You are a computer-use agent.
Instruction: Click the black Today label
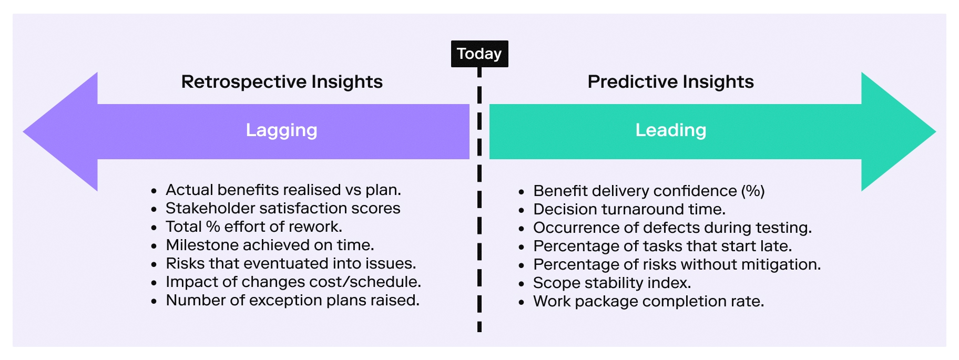[479, 54]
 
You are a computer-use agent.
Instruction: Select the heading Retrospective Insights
[282, 82]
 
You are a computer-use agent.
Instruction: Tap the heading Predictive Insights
[670, 82]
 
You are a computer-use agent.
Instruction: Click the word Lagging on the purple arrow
[282, 130]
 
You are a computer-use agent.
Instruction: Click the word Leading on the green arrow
[671, 130]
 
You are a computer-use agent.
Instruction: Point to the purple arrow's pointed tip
[24, 131]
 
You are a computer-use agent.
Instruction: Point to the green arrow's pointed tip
[935, 131]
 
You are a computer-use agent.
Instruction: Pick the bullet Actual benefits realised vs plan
[283, 190]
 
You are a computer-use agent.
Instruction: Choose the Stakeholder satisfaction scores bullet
[283, 208]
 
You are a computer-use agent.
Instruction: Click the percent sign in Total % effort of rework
[213, 227]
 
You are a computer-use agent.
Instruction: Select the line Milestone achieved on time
[270, 245]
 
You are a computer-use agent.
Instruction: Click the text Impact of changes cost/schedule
[293, 282]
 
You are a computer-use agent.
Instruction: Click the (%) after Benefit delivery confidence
[753, 191]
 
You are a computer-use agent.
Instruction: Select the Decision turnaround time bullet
[629, 209]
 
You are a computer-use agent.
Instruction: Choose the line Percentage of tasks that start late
[662, 246]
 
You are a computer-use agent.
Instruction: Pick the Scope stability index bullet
[612, 283]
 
